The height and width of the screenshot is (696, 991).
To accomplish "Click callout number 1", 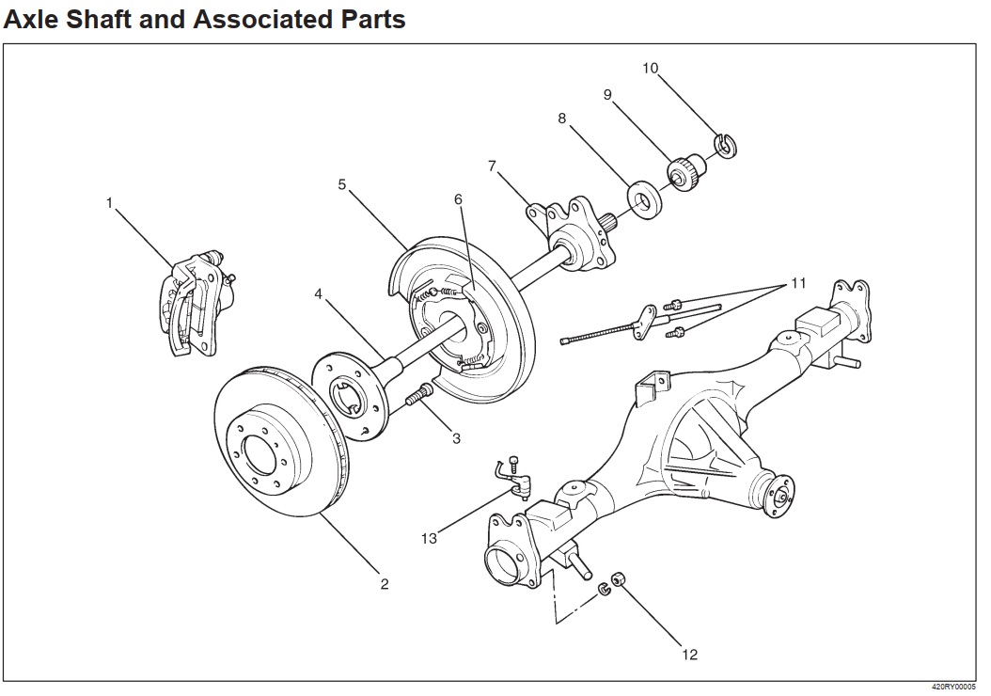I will (110, 202).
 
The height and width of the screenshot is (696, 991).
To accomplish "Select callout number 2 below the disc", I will (385, 584).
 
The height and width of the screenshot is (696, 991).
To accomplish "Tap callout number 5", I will (343, 184).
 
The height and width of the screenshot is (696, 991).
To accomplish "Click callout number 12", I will (690, 655).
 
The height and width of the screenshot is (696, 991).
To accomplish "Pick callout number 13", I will (430, 539).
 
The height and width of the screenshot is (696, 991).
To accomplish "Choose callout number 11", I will (798, 282).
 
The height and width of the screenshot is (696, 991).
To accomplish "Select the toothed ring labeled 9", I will (684, 172).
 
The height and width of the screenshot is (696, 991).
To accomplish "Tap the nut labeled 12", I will (619, 579).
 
